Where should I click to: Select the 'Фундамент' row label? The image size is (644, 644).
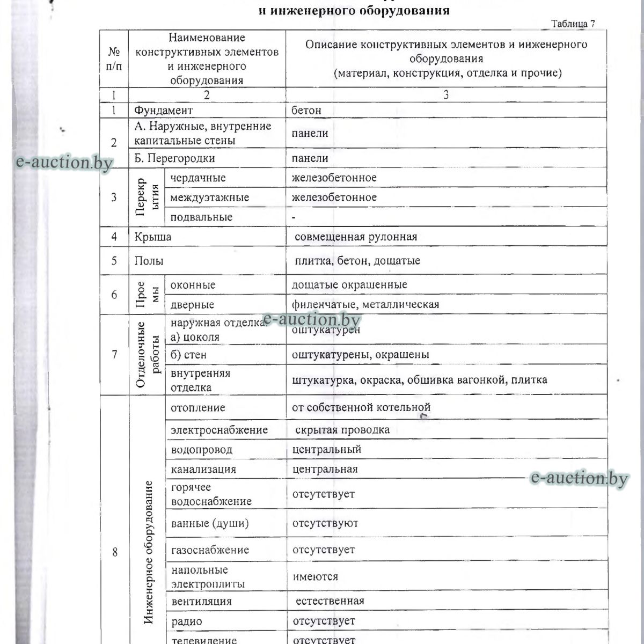(x=164, y=111)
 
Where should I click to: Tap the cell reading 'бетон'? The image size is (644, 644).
(x=306, y=111)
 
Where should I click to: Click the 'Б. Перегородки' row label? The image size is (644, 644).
(x=175, y=158)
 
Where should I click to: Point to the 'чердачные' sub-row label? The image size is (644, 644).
(x=198, y=178)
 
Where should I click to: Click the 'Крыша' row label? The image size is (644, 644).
(x=153, y=237)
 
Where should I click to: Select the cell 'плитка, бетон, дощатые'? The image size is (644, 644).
(x=358, y=261)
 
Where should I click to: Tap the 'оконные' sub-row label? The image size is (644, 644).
(x=193, y=285)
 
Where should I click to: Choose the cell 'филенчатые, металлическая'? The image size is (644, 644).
(x=365, y=305)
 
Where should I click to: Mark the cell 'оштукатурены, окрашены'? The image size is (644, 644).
(x=361, y=355)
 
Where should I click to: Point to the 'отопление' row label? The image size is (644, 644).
(x=198, y=408)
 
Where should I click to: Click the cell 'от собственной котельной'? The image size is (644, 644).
(x=361, y=408)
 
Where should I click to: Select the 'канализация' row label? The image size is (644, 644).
(x=203, y=470)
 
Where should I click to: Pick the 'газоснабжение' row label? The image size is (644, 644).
(x=210, y=550)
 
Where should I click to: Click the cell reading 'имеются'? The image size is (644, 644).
(x=316, y=577)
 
